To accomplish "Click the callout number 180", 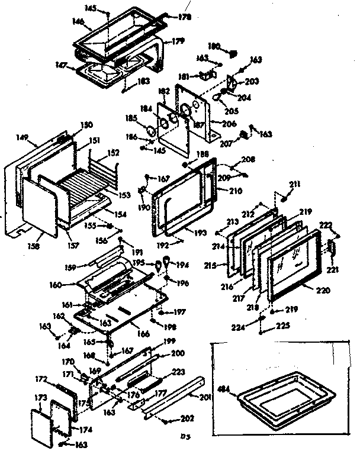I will (214, 46).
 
